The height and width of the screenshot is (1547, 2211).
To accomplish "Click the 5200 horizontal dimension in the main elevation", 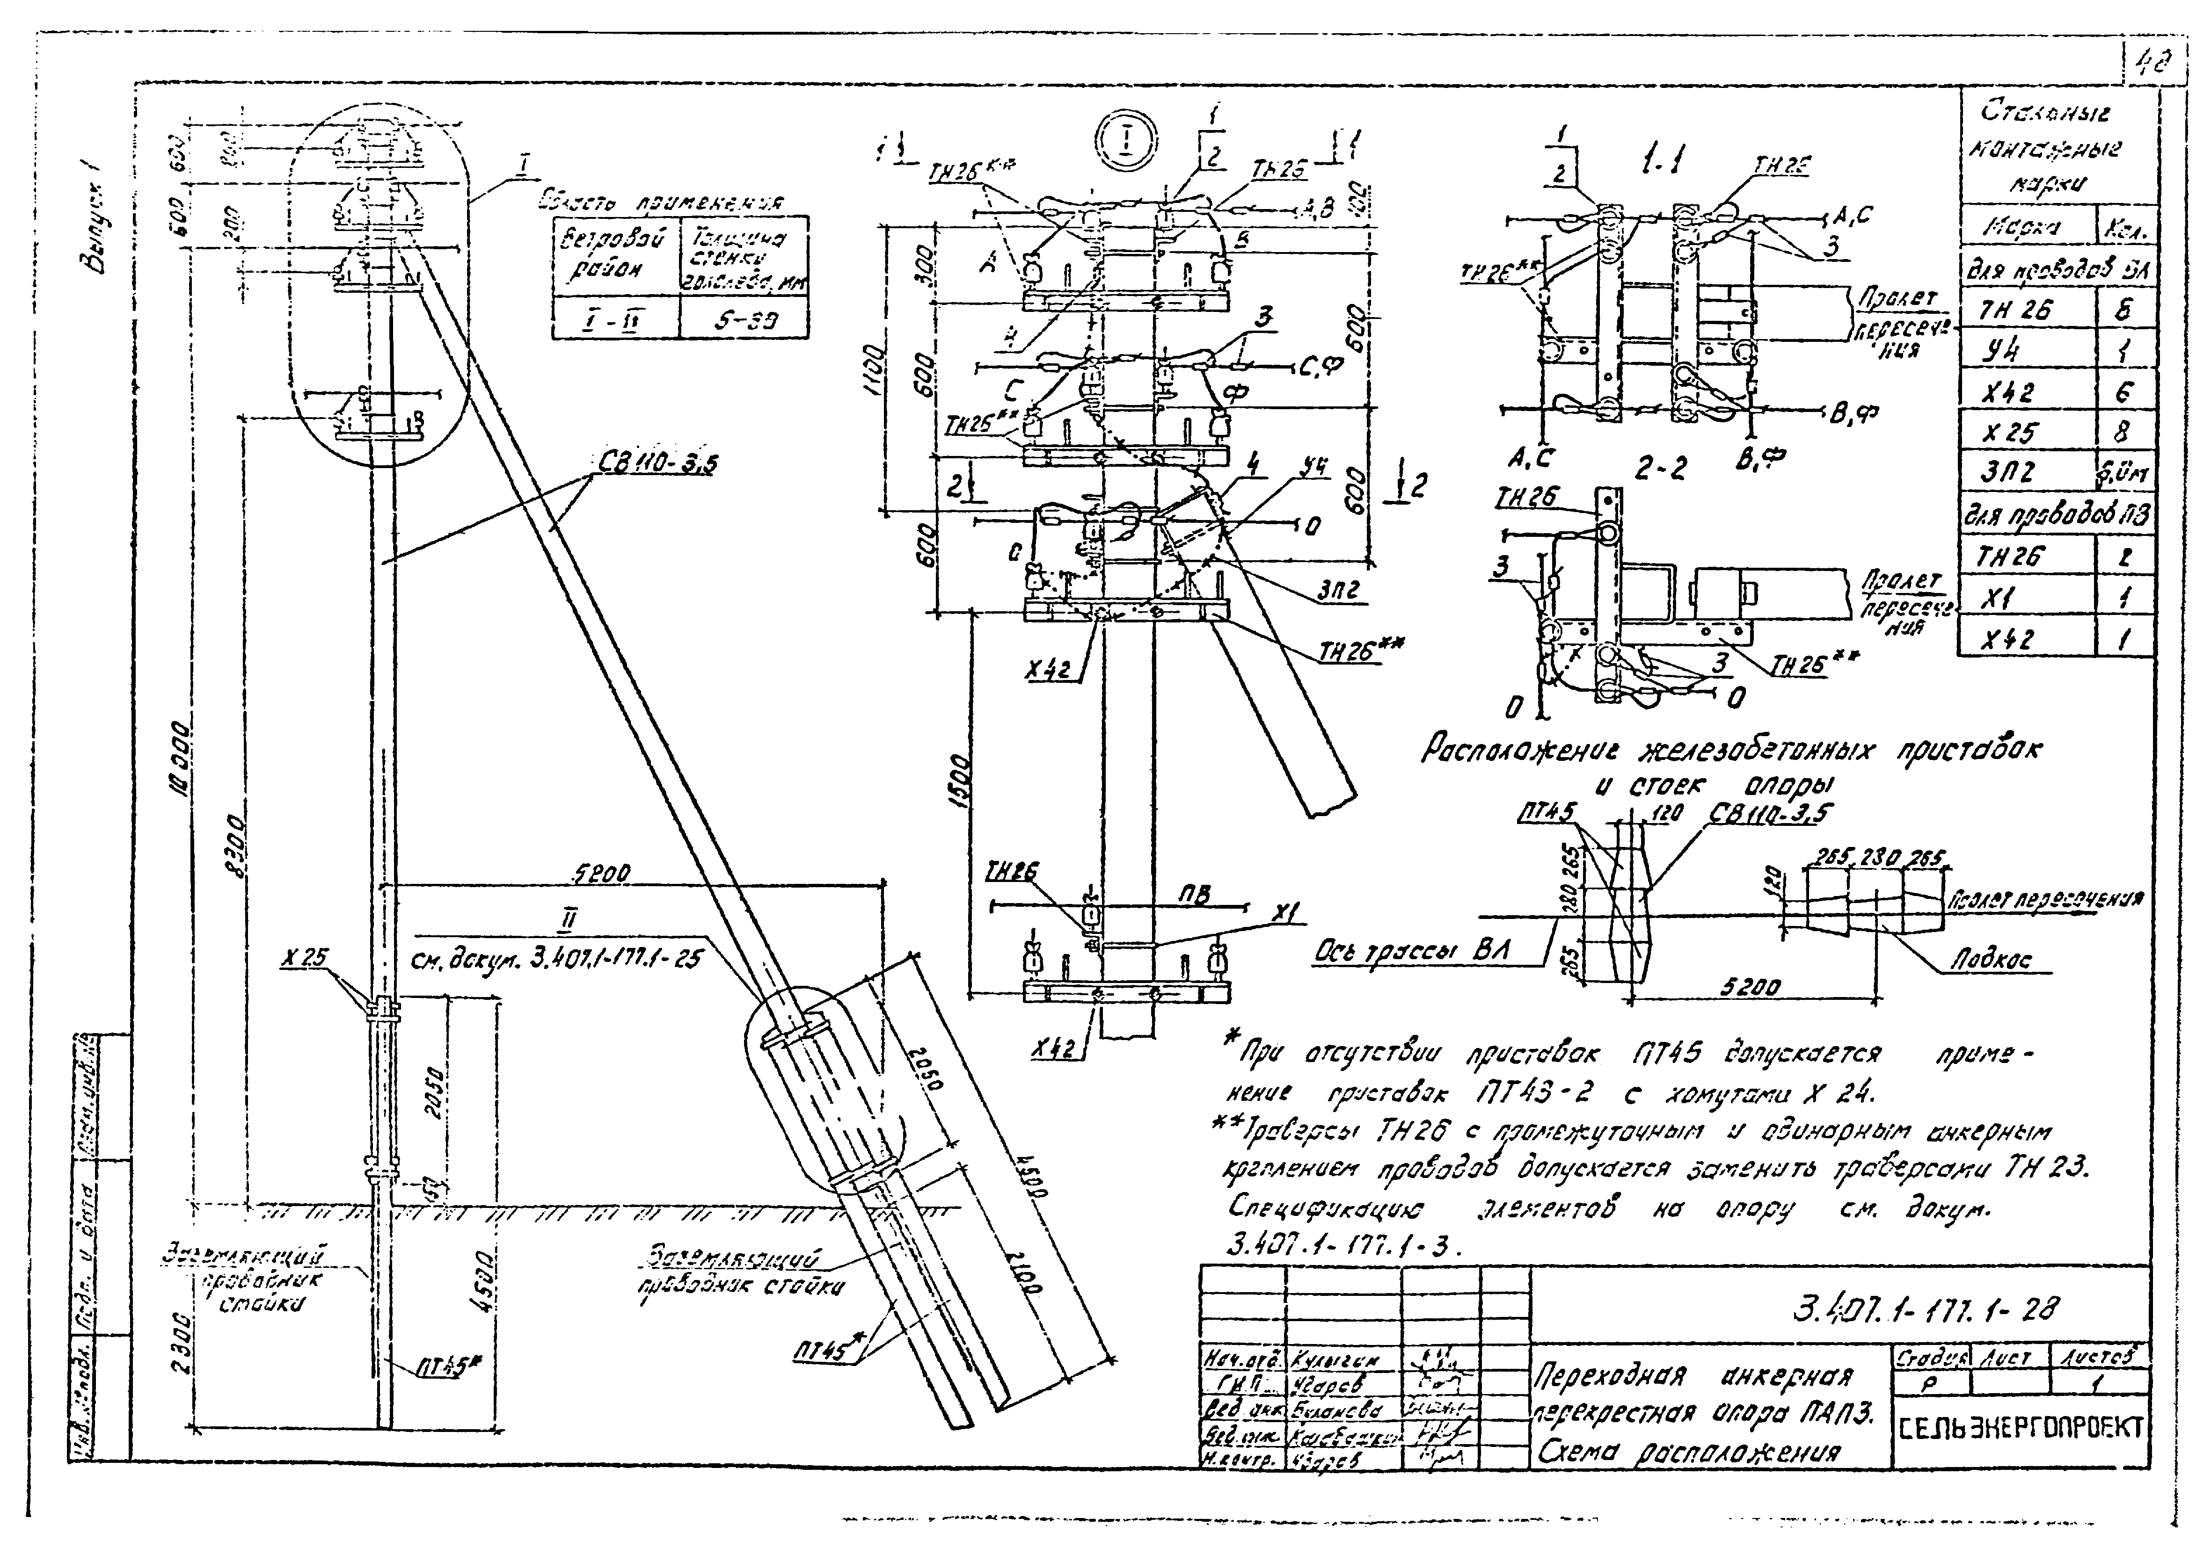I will point(602,872).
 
